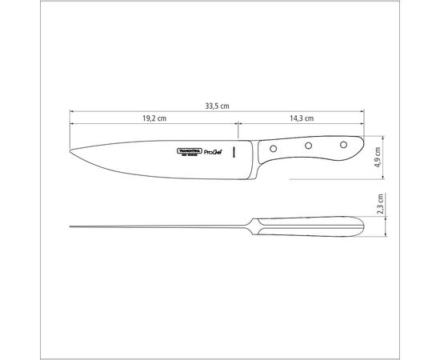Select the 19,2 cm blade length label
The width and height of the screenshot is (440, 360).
click(x=154, y=118)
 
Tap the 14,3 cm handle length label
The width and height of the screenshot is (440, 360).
click(x=302, y=118)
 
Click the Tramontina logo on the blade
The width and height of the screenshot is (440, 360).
click(x=190, y=152)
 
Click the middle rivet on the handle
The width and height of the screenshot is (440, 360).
click(x=307, y=146)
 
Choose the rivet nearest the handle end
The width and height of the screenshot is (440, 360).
click(x=343, y=145)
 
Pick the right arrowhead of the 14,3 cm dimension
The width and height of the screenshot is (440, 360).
click(x=365, y=125)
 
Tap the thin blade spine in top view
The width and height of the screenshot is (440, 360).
click(x=160, y=226)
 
